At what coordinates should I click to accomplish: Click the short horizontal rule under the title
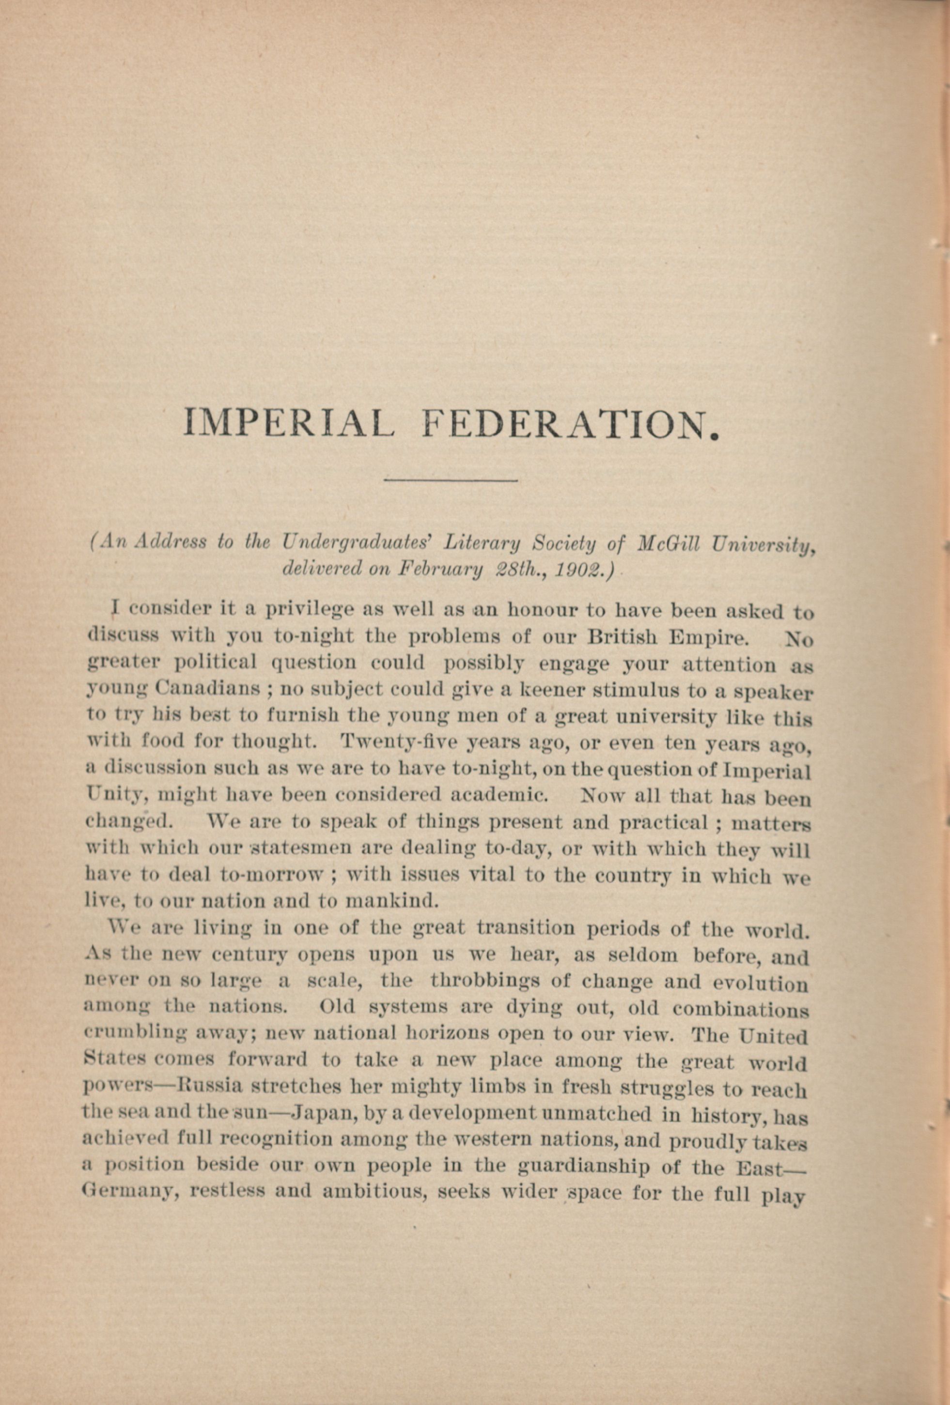coord(451,480)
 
